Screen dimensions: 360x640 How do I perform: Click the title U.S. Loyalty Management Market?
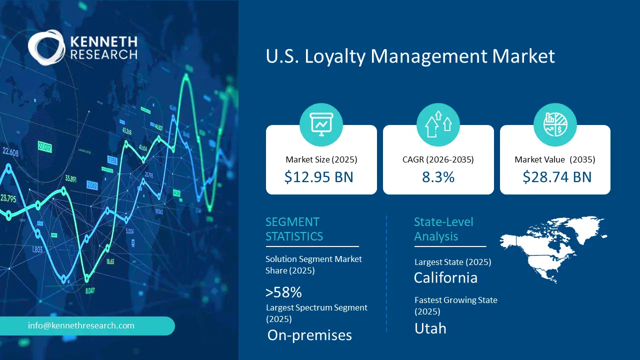pyautogui.click(x=410, y=56)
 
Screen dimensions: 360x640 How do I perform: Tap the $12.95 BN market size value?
pyautogui.click(x=318, y=177)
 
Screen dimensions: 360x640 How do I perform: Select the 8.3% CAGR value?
pyautogui.click(x=438, y=177)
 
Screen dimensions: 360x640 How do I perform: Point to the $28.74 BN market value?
pyautogui.click(x=557, y=177)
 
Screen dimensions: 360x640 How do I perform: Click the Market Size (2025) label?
pyautogui.click(x=321, y=160)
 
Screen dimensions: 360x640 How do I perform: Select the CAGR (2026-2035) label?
pyautogui.click(x=438, y=160)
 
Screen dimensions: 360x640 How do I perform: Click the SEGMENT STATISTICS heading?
pyautogui.click(x=294, y=229)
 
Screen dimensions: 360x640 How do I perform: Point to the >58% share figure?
pyautogui.click(x=283, y=292)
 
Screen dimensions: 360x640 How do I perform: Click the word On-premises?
pyautogui.click(x=309, y=335)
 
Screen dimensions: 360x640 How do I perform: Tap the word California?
pyautogui.click(x=445, y=277)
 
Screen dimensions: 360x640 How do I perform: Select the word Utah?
pyautogui.click(x=430, y=328)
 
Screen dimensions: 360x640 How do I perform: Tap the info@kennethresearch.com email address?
pyautogui.click(x=81, y=325)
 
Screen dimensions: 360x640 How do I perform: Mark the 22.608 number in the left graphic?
pyautogui.click(x=10, y=152)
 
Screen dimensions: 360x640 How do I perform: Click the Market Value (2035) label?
pyautogui.click(x=555, y=160)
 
